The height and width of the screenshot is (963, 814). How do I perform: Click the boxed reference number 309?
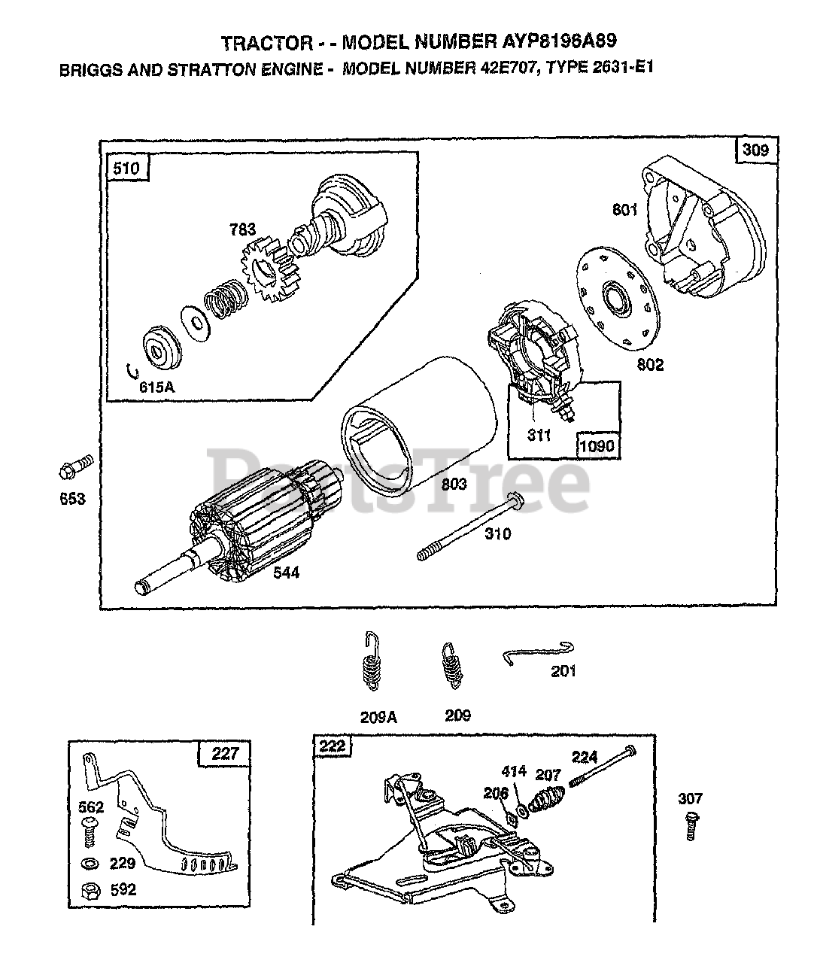point(755,150)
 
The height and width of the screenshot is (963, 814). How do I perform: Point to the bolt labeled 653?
point(73,469)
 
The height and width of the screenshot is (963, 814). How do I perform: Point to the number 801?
point(624,209)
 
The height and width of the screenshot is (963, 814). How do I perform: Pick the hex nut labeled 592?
point(90,890)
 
